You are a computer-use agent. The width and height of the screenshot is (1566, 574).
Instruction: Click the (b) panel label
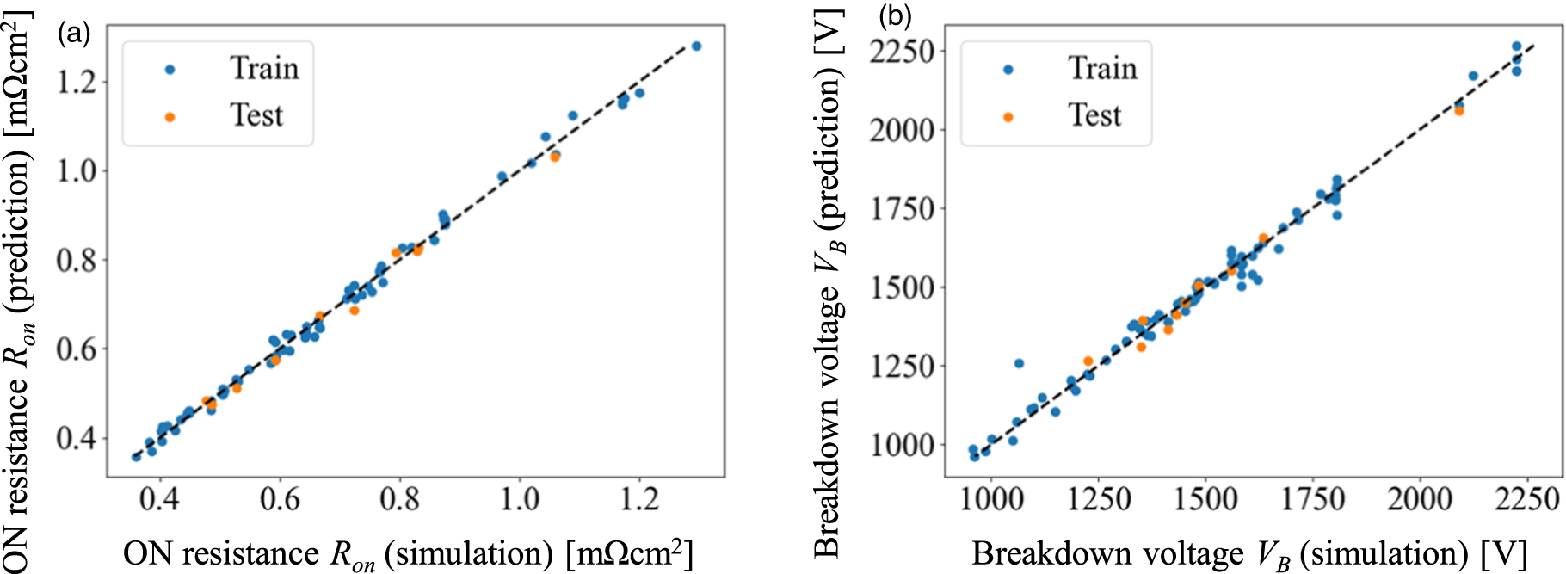click(x=894, y=15)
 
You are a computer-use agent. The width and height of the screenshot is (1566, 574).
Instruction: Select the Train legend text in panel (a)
click(x=264, y=68)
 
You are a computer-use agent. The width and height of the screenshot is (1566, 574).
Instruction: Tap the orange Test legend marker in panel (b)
click(x=1008, y=116)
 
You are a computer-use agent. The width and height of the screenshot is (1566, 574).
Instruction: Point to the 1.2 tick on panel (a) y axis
click(x=77, y=83)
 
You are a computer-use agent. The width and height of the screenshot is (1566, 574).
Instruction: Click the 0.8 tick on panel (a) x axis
click(x=400, y=498)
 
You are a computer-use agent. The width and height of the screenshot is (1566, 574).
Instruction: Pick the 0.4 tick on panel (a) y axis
click(x=77, y=438)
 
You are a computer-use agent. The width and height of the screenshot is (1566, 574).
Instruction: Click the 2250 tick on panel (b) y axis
click(x=901, y=51)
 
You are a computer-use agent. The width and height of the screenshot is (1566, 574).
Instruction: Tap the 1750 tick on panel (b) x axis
click(x=1312, y=498)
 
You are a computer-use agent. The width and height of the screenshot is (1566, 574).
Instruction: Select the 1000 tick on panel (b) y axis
click(x=901, y=445)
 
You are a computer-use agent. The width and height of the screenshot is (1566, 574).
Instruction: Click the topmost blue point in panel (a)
click(x=696, y=46)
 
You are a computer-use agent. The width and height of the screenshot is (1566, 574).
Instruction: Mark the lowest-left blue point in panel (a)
click(x=136, y=456)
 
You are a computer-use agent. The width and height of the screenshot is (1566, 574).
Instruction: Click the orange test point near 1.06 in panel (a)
click(x=555, y=157)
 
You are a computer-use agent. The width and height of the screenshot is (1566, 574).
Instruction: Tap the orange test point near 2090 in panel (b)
click(x=1458, y=111)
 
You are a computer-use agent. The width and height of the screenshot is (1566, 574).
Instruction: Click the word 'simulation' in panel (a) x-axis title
click(x=468, y=554)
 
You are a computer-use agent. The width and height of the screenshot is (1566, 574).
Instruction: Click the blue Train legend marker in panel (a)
click(x=170, y=70)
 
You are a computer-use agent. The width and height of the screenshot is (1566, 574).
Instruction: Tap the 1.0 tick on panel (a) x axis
click(x=520, y=498)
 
